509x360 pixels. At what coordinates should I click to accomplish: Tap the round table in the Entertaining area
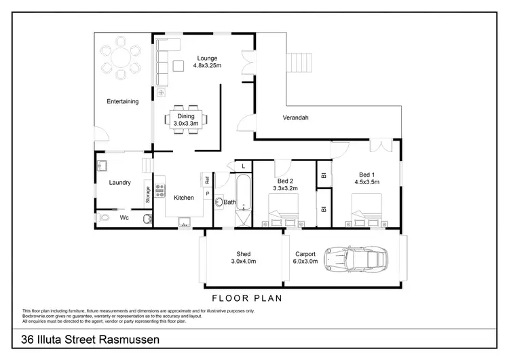coord(119,61)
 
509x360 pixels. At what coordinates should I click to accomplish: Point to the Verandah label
coord(295,118)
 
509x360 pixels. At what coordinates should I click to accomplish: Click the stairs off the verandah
coord(300,65)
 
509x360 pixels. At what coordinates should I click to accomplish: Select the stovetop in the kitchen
coord(160,190)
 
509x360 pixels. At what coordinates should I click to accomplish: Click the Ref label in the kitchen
coord(205,180)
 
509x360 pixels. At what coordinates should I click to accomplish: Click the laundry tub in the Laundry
coord(102,165)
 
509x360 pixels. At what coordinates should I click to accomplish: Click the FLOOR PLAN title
coord(247,298)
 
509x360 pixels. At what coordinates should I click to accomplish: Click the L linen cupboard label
coord(242,166)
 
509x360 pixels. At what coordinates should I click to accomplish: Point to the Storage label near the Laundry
coord(147,194)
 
